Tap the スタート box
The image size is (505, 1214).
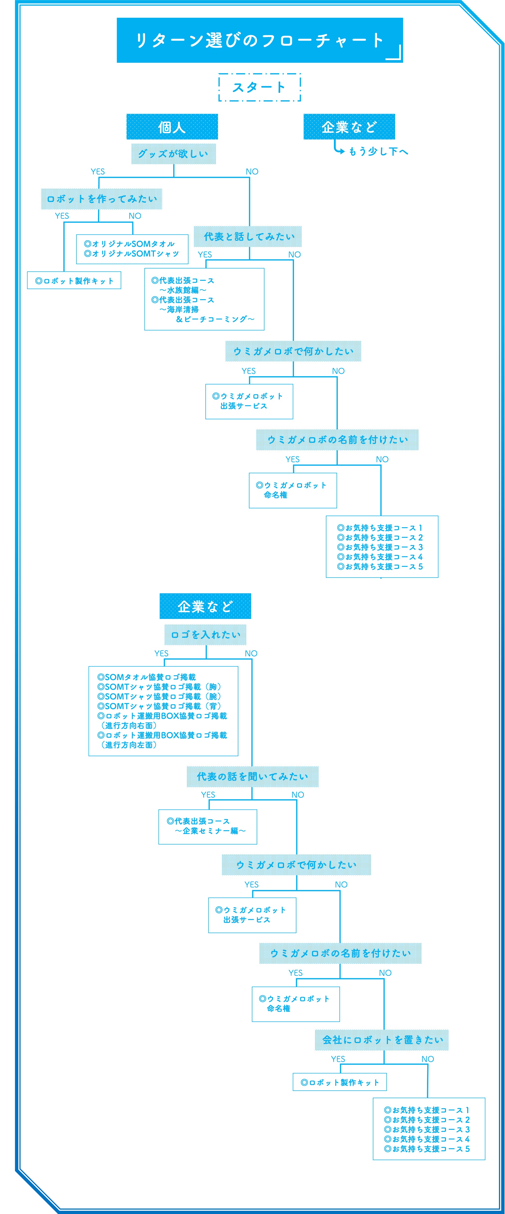[x=260, y=87]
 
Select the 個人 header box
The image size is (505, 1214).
[x=172, y=127]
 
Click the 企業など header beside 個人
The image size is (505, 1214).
[x=349, y=127]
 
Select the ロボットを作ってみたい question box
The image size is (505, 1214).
[x=102, y=199]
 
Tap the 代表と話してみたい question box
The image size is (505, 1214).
[x=248, y=236]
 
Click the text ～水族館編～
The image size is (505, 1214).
[x=183, y=290]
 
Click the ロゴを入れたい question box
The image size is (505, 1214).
[x=205, y=635]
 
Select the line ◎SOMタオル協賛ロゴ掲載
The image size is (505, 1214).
[x=146, y=677]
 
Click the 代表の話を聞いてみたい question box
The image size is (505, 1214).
[x=253, y=777]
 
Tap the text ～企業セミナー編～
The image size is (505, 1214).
[x=210, y=831]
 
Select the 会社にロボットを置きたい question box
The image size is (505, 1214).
[x=382, y=1040]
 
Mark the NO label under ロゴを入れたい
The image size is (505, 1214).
[x=251, y=653]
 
